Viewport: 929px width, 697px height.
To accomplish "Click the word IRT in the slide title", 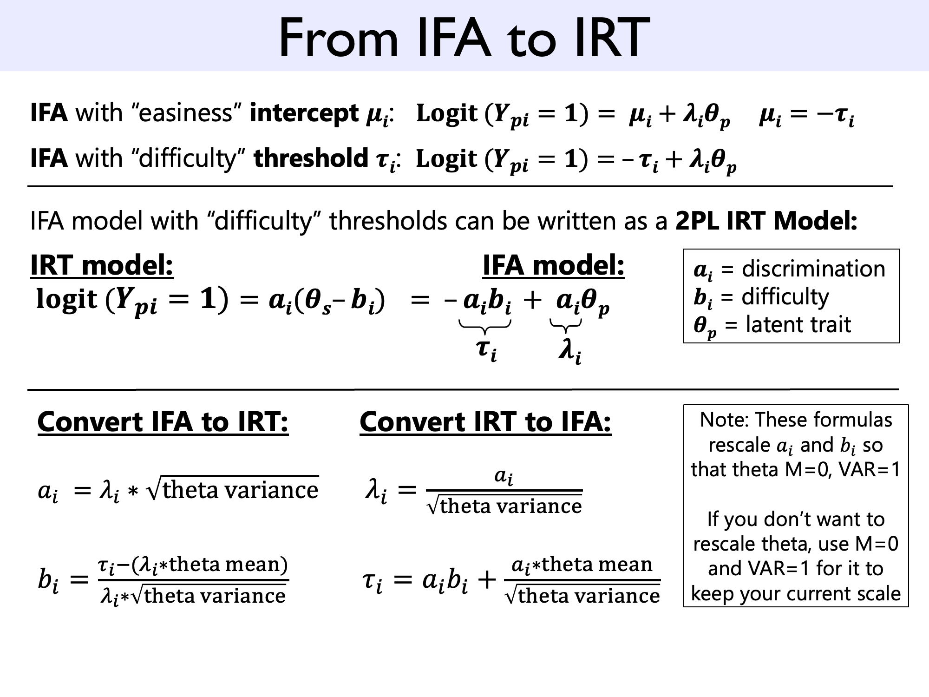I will pos(612,38).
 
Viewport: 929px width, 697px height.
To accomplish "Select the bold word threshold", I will pos(311,158).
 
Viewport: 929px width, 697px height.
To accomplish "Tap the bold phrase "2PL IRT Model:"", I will pos(766,221).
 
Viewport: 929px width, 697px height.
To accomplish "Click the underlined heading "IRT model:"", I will pos(102,266).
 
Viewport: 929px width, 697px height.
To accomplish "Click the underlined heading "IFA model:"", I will pos(553,266).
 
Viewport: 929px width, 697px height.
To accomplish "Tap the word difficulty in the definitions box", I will pos(785,296).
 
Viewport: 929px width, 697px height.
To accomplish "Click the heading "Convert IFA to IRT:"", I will pos(163,422).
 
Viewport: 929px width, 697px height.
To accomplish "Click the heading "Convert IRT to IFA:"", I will pos(485,422).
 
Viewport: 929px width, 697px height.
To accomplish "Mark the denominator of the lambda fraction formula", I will pos(504,506).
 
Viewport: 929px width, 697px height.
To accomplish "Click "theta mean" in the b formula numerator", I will pos(227,565).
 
